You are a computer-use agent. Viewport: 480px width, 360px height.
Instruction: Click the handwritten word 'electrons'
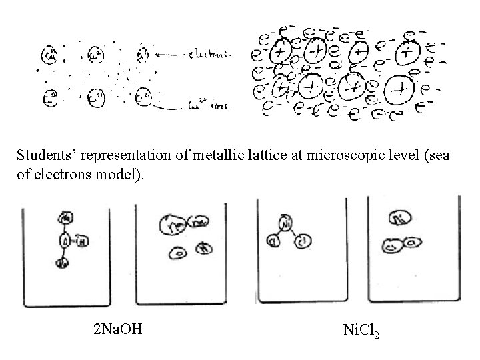[x=208, y=57]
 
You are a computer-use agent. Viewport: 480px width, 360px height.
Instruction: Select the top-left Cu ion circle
[x=49, y=55]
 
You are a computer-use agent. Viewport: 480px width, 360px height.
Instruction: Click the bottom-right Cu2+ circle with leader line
[x=143, y=99]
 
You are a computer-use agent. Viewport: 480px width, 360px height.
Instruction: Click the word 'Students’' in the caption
[x=44, y=155]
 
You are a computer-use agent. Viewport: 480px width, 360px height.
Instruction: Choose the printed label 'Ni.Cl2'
[x=361, y=329]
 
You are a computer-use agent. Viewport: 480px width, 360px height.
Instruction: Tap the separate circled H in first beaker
[x=81, y=241]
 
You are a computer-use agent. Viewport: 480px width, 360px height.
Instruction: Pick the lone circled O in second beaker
[x=177, y=253]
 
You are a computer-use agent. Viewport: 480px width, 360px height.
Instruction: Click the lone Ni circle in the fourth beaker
[x=399, y=219]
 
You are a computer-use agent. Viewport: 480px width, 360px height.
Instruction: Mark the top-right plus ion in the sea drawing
[x=404, y=51]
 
